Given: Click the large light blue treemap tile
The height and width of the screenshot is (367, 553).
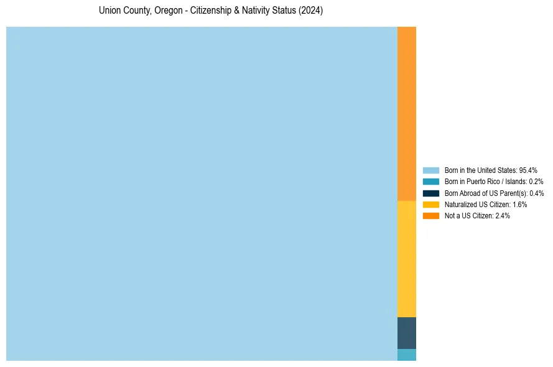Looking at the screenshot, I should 202,193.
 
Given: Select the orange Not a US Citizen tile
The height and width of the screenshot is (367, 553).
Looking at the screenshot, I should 407,114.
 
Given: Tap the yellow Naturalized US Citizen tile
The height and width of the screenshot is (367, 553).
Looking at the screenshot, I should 407,259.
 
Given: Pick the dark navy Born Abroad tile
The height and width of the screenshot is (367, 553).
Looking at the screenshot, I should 407,333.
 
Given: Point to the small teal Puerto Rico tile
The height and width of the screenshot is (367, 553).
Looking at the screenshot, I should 407,355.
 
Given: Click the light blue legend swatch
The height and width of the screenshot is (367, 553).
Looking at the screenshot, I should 430,170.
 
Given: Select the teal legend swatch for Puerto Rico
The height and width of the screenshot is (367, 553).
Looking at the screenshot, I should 430,182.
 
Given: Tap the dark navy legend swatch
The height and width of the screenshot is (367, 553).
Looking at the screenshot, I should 430,193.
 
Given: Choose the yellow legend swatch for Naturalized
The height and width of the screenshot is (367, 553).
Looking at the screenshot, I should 430,204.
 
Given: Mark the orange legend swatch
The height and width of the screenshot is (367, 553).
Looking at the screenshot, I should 430,215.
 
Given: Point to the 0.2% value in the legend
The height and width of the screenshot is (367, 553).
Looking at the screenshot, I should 536,182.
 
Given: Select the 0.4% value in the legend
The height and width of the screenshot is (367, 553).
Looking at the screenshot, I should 536,193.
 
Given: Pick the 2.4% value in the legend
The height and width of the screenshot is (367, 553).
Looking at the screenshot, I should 503,215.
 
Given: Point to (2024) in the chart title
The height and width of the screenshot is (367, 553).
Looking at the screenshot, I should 310,11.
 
